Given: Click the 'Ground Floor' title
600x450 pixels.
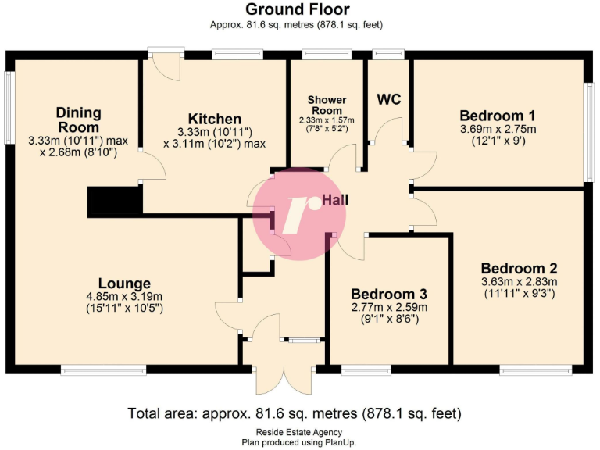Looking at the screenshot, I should pos(297,9).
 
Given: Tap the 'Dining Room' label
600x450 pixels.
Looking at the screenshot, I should pos(78,120).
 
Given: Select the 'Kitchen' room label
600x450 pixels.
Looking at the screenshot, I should pos(208,118).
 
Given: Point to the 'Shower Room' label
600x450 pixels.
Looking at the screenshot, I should pos(327,105).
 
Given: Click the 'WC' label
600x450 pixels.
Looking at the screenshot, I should pos(389,99).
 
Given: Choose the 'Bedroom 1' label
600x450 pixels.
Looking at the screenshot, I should pos(498,115).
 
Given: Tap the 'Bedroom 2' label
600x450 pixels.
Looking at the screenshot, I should pos(520,266).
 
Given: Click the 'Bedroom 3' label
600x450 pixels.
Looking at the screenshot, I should pos(388,294).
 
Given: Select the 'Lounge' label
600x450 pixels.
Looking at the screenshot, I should pos(124,283).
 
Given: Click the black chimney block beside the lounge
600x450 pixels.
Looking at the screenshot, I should pos(115,202).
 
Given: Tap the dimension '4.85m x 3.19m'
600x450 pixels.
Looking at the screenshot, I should pos(124,296).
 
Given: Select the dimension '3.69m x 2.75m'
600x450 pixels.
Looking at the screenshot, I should pos(498,129).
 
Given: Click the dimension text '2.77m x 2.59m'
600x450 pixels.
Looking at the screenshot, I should pos(388,307).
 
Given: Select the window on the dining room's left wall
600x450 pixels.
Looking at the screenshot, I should pos(9,109).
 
